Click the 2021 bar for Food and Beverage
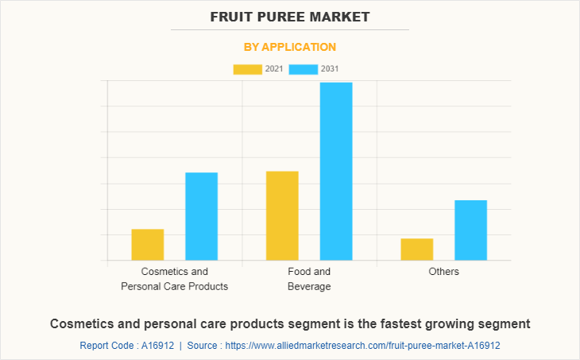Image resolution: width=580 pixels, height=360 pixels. click(282, 215)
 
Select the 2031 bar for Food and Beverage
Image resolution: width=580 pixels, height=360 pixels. click(336, 171)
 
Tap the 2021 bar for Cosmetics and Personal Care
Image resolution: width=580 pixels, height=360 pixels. click(148, 244)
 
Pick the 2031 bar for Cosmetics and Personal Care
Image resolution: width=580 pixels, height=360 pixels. click(202, 216)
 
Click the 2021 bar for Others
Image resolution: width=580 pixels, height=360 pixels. click(417, 249)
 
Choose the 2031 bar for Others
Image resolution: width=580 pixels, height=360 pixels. click(471, 230)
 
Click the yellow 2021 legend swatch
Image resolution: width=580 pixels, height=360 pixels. click(247, 69)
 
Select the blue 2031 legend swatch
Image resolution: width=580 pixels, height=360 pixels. click(304, 69)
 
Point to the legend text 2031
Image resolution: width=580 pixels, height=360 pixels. click(330, 69)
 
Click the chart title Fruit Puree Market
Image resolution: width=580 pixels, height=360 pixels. click(290, 17)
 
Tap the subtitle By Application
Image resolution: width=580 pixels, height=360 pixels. click(290, 47)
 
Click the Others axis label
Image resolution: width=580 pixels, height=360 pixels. click(443, 272)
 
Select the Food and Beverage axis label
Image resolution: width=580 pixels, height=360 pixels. click(309, 279)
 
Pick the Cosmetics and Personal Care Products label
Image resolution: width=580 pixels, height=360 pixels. click(174, 279)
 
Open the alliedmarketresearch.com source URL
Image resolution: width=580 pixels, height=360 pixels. click(363, 346)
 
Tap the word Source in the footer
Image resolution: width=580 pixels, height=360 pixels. click(203, 346)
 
